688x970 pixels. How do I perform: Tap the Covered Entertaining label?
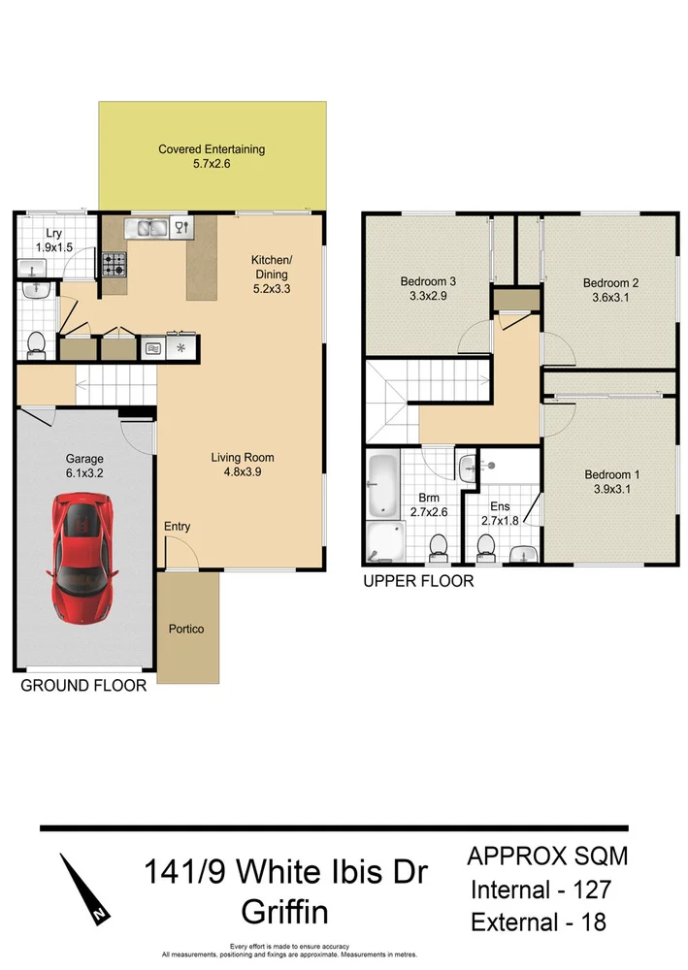[212, 149]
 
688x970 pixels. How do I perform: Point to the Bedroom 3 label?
[428, 282]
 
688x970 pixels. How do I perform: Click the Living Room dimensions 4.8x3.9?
[243, 473]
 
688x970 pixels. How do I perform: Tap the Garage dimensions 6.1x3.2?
[83, 474]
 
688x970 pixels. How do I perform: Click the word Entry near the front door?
[178, 527]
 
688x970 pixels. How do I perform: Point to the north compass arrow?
[83, 886]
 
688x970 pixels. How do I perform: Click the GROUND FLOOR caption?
[83, 686]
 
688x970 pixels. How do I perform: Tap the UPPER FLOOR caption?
[417, 582]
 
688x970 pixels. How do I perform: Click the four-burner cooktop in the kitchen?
[115, 262]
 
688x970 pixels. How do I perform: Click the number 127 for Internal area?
[589, 889]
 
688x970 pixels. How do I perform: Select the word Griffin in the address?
[285, 912]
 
